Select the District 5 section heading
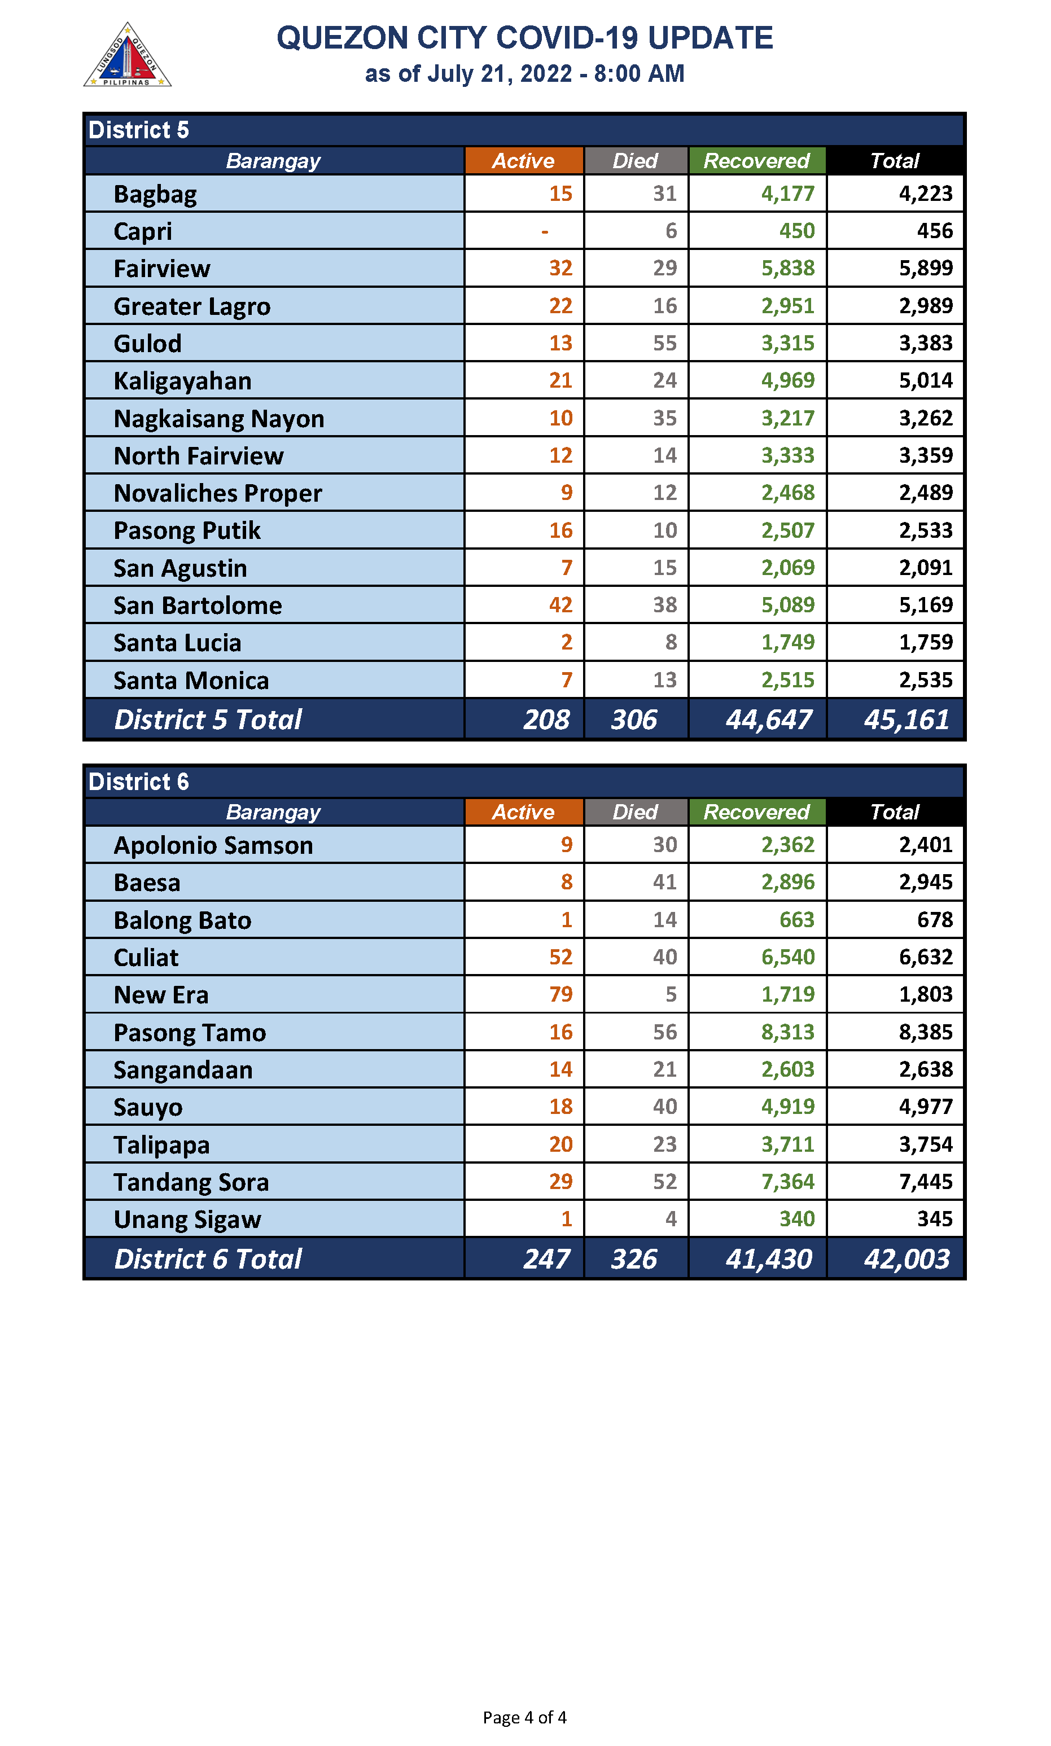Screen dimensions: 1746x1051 click(x=139, y=130)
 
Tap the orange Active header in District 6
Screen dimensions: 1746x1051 click(x=523, y=812)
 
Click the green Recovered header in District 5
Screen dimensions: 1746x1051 click(x=756, y=161)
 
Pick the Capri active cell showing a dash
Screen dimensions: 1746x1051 click(x=545, y=231)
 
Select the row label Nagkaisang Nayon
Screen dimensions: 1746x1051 click(x=219, y=419)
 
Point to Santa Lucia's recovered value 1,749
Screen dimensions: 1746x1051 click(x=787, y=642)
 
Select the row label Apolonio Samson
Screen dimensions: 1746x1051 click(x=213, y=845)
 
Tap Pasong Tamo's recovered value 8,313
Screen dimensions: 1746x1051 click(x=787, y=1032)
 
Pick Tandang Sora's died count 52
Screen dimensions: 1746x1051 click(x=664, y=1182)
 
